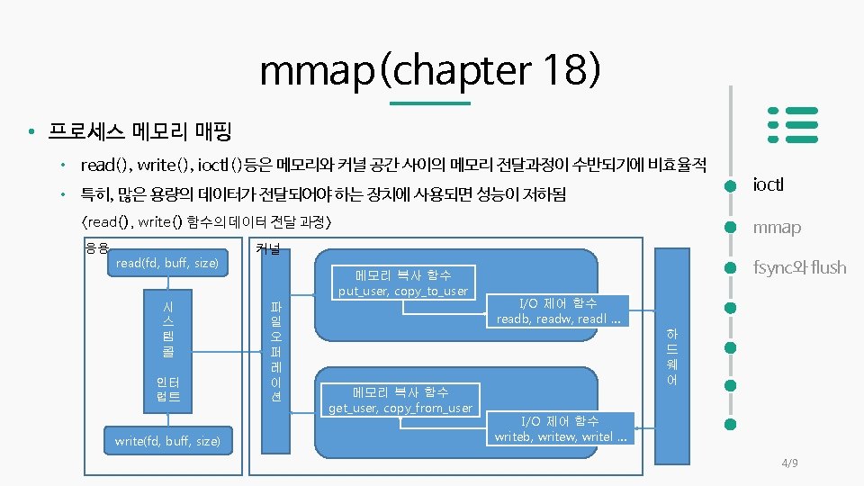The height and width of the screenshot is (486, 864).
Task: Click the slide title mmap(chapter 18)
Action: pyautogui.click(x=430, y=70)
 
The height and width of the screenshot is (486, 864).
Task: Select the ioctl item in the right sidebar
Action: pyautogui.click(x=768, y=184)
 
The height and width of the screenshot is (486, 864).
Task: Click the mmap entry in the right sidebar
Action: pyautogui.click(x=776, y=227)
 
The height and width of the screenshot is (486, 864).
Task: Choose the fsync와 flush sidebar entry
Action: pyautogui.click(x=798, y=267)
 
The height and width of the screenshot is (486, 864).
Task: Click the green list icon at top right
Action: pyautogui.click(x=792, y=124)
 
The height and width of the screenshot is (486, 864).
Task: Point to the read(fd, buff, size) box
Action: pyautogui.click(x=167, y=263)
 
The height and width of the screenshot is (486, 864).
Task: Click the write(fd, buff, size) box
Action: pyautogui.click(x=167, y=440)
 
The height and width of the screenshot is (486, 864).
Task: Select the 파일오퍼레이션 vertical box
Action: pyautogui.click(x=276, y=351)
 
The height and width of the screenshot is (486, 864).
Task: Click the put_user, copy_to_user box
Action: pyautogui.click(x=403, y=283)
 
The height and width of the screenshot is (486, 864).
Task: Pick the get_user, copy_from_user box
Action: pyautogui.click(x=400, y=400)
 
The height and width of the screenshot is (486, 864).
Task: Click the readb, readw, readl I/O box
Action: pyautogui.click(x=558, y=311)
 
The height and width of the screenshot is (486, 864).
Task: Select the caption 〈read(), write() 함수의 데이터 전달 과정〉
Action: pyautogui.click(x=207, y=221)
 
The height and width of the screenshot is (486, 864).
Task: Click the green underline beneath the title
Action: pyautogui.click(x=435, y=103)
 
